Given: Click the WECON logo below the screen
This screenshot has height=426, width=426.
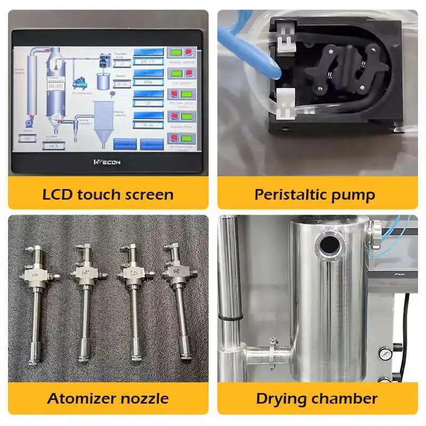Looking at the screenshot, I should click(107, 162).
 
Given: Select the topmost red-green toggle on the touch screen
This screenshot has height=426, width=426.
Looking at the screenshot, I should click(181, 52).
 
